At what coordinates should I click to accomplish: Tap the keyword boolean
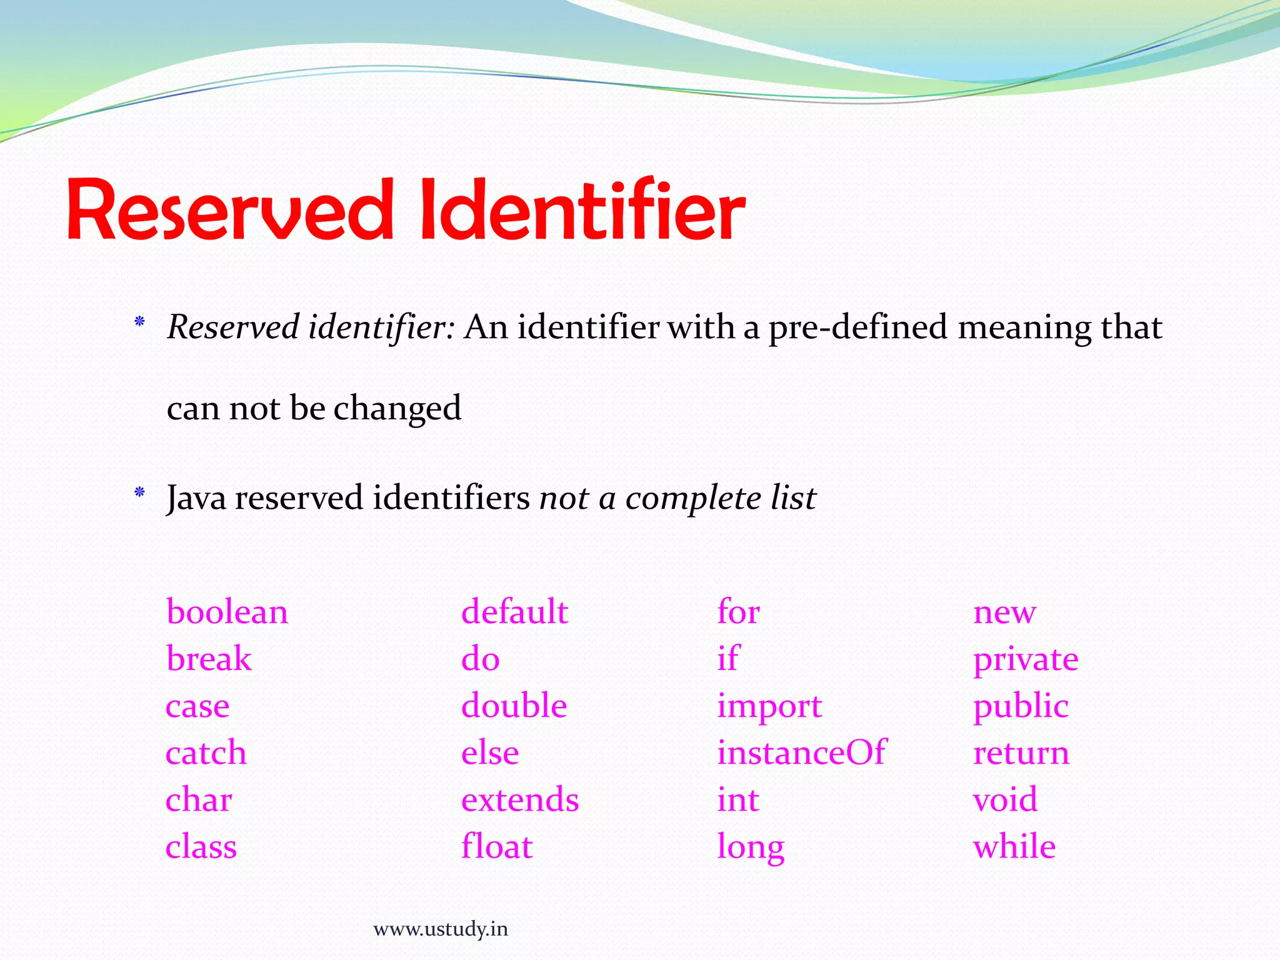coord(227,612)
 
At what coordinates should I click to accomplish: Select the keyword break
coord(209,659)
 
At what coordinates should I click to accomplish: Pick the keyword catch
coord(206,752)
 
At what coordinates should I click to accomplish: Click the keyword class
coord(201,847)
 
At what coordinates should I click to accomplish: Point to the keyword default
coord(514,612)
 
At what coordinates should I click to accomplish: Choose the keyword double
coord(514,706)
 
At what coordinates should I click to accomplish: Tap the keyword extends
coord(520,800)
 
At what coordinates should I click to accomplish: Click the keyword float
coord(497,847)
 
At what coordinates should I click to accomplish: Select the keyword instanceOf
coord(801,752)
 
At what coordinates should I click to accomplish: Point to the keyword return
coord(1021,753)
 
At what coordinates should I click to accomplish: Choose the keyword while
coord(1014,847)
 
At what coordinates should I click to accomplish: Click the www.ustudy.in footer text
coord(441,929)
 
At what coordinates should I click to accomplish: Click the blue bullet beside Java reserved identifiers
coord(139,493)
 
